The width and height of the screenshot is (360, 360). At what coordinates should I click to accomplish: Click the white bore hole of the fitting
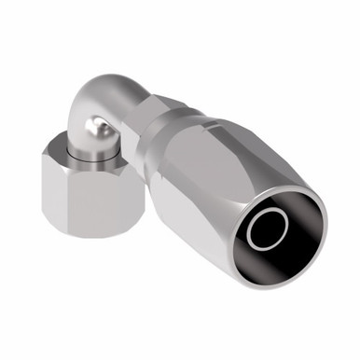(272, 226)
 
